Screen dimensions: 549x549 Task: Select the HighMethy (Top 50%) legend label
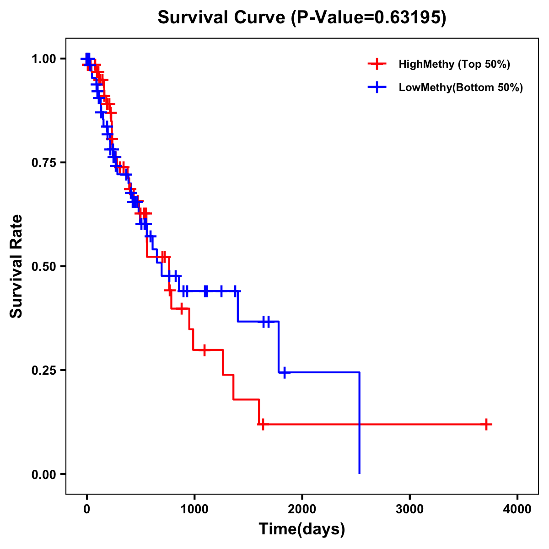point(454,64)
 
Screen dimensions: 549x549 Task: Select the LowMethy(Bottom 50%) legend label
point(460,87)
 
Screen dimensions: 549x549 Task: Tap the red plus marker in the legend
point(377,64)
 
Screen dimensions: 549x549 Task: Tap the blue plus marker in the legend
point(377,87)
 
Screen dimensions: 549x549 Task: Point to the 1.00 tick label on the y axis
point(43,59)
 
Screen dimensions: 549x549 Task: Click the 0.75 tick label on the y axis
point(43,162)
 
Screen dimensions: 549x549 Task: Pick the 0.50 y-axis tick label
point(43,266)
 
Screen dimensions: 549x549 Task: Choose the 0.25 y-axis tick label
point(43,370)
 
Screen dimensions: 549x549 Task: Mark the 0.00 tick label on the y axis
point(43,474)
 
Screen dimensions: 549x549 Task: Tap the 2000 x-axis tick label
point(302,509)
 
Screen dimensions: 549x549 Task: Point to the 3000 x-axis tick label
point(409,509)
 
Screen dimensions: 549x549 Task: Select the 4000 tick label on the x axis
point(517,509)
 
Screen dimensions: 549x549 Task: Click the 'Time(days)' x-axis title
point(302,529)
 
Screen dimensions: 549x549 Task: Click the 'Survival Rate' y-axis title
point(16,266)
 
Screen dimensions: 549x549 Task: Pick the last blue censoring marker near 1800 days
point(284,372)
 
